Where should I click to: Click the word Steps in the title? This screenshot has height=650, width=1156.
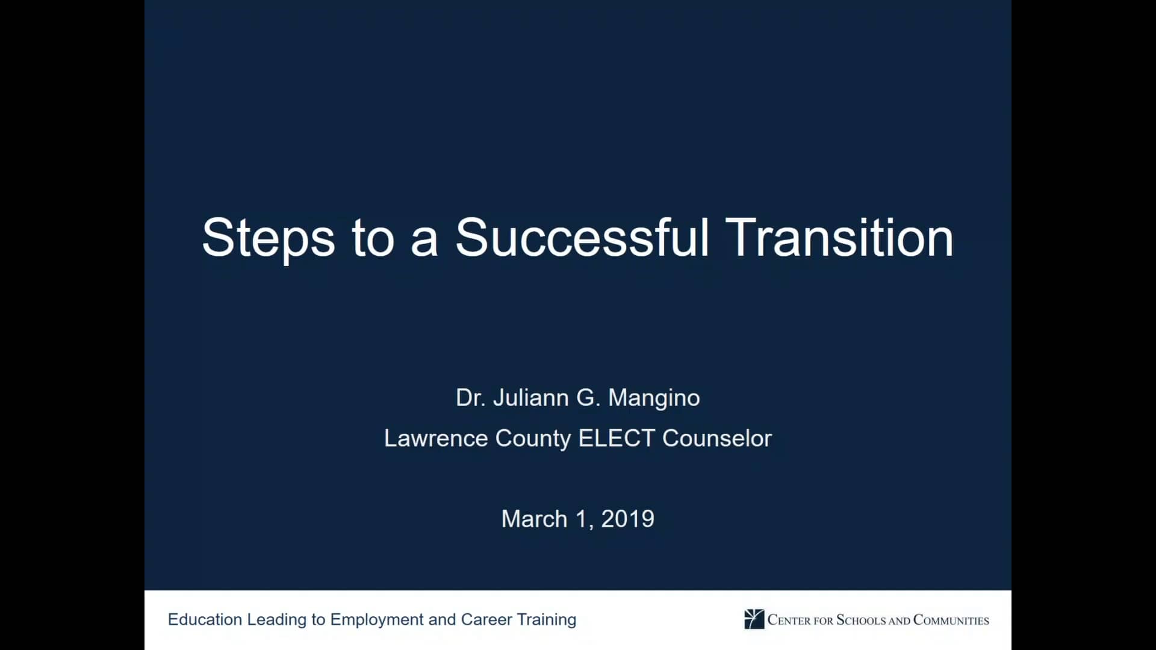coord(268,239)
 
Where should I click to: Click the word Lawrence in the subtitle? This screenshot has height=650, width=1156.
coord(436,438)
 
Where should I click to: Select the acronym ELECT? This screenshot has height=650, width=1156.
coord(617,438)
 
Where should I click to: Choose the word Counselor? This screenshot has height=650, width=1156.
coord(717,438)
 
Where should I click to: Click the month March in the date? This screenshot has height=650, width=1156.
coord(534,519)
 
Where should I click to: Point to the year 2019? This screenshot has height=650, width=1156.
coord(627,519)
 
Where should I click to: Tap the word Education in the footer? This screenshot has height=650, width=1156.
coord(205,619)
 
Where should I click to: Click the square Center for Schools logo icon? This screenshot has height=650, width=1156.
coord(754,619)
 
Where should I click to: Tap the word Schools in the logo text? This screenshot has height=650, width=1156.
coord(861,620)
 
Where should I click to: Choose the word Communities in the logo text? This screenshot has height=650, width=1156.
coord(951,620)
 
